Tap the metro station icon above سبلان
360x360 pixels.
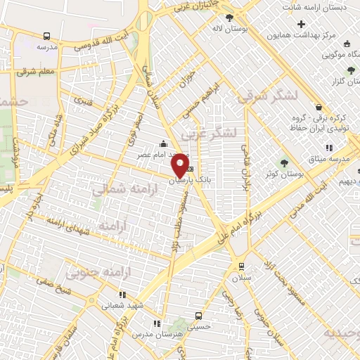point(242,266)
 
